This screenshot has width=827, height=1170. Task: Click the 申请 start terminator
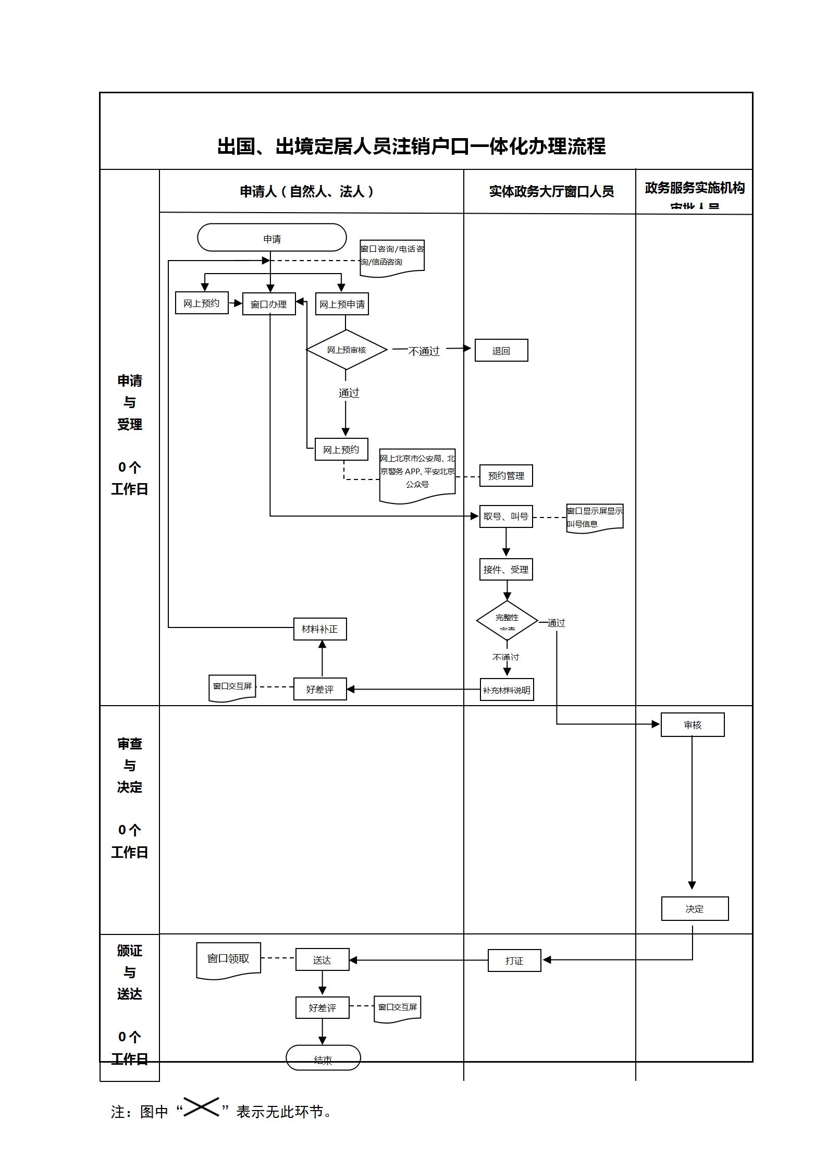pyautogui.click(x=271, y=238)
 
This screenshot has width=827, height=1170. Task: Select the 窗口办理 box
pyautogui.click(x=269, y=304)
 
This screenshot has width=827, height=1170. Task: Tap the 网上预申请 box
pyautogui.click(x=342, y=304)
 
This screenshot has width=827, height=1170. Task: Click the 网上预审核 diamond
pyautogui.click(x=347, y=350)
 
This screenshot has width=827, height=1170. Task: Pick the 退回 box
pyautogui.click(x=501, y=350)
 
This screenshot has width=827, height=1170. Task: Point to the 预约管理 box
pyautogui.click(x=506, y=475)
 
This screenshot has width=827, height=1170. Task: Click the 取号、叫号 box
pyautogui.click(x=506, y=516)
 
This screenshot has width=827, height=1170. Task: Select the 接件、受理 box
pyautogui.click(x=506, y=569)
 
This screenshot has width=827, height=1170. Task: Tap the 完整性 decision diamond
pyautogui.click(x=507, y=620)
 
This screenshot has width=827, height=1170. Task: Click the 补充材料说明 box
pyautogui.click(x=507, y=689)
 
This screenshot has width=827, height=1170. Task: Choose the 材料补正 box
pyautogui.click(x=320, y=629)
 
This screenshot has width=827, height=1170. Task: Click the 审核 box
pyautogui.click(x=693, y=724)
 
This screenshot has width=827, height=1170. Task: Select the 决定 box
pyautogui.click(x=695, y=908)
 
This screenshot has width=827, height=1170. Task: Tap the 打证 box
pyautogui.click(x=514, y=960)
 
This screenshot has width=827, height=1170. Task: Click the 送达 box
pyautogui.click(x=322, y=959)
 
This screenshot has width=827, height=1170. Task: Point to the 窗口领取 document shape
pyautogui.click(x=228, y=958)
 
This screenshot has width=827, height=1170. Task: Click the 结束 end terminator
pyautogui.click(x=323, y=1057)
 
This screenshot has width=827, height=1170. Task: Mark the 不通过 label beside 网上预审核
pyautogui.click(x=424, y=351)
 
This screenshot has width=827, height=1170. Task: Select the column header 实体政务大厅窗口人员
pyautogui.click(x=551, y=191)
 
